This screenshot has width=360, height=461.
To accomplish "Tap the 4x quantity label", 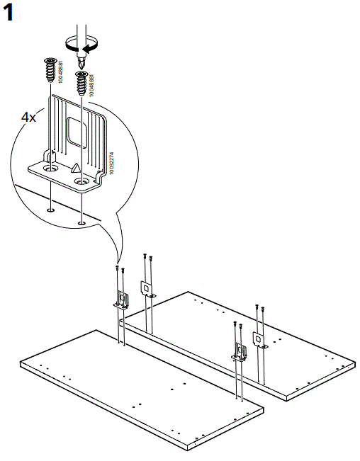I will click(29, 118).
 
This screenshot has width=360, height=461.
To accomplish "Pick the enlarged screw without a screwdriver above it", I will click(51, 71).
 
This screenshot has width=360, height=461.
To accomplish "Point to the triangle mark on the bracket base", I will click(74, 168).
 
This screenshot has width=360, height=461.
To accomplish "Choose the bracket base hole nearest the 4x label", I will click(50, 170).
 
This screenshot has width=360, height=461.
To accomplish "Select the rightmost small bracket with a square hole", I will click(260, 341).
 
